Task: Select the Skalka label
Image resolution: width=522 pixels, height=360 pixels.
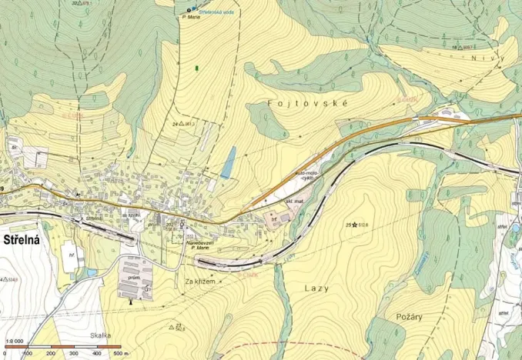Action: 100,335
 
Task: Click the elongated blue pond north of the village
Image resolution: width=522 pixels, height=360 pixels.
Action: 227,162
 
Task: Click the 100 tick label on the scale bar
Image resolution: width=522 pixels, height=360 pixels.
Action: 27,354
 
